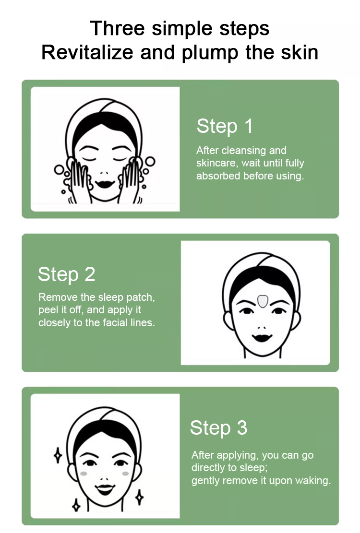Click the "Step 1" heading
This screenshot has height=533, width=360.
pos(225,127)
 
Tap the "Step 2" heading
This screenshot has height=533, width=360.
pos(67,274)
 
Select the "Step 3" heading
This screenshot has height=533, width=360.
pos(218,427)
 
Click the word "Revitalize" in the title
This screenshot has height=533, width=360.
pos(87,52)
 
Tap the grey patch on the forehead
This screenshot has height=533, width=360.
pos(263,301)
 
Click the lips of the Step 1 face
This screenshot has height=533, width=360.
pos(105,184)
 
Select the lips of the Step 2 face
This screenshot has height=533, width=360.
pos(262,338)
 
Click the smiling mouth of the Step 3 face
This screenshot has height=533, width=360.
pos(105,489)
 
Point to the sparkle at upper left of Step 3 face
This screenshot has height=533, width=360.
pos(58,455)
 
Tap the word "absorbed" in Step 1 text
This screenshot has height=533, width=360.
pos(217,176)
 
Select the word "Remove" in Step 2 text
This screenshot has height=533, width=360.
pos(58,297)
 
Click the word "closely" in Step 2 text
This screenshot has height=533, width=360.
pos(54,322)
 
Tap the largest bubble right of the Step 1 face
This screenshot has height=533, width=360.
pos(150,162)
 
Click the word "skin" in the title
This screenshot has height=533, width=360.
pos(300,52)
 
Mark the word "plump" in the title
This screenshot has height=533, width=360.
pos(210,54)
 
